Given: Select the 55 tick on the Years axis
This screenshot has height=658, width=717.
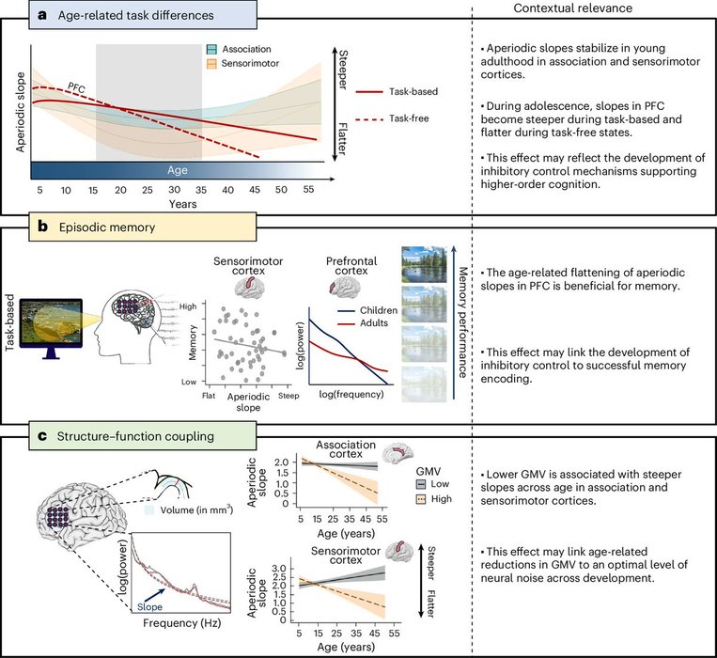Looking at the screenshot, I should click(308, 190).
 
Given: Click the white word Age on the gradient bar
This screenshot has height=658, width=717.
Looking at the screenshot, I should click(178, 169).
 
